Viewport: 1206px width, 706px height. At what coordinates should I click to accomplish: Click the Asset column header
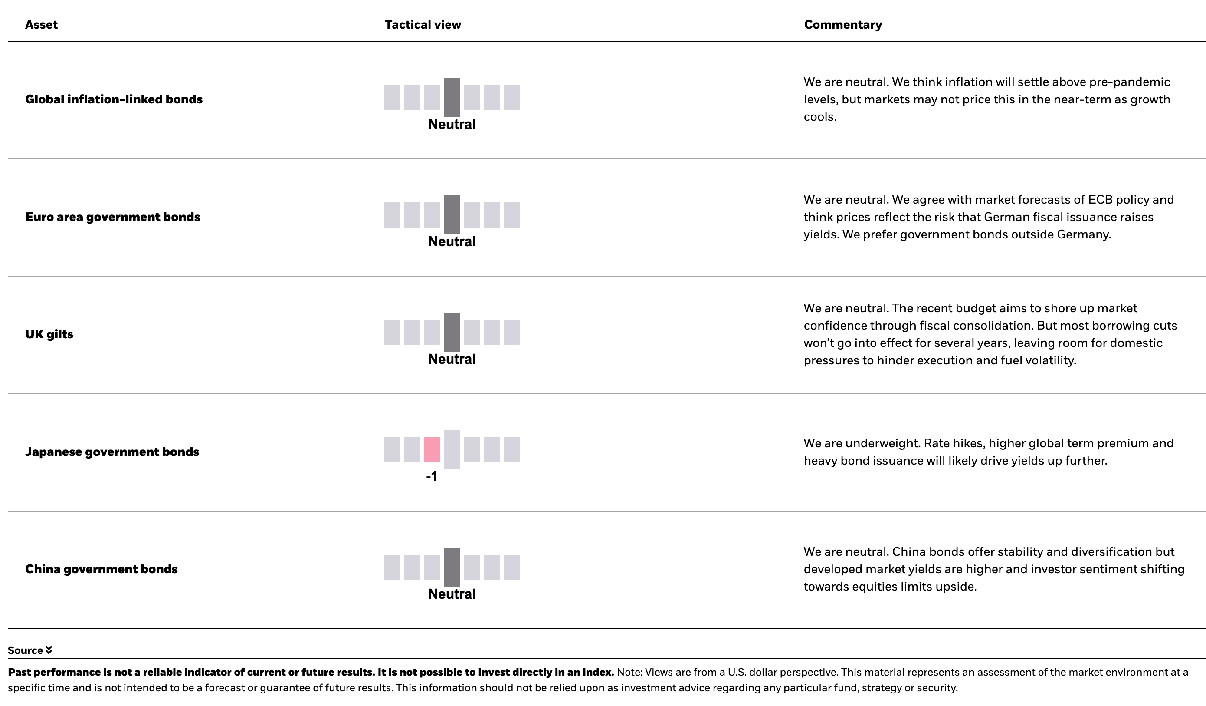41,25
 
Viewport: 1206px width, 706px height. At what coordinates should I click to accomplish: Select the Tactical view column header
423,25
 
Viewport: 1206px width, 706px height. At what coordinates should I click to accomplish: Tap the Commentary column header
843,25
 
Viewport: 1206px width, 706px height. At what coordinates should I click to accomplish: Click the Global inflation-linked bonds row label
114,99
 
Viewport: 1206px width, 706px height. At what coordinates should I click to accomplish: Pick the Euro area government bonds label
112,217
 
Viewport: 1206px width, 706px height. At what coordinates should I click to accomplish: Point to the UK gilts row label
49,334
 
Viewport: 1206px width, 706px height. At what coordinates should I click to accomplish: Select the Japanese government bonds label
112,452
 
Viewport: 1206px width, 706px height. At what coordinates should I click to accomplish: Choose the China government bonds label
102,569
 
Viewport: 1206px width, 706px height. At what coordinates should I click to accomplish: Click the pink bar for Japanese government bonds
432,450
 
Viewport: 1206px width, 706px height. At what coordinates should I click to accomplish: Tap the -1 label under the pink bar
432,477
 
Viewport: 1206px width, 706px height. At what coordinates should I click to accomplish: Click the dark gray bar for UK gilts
452,333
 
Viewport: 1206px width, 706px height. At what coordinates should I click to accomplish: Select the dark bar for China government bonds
452,567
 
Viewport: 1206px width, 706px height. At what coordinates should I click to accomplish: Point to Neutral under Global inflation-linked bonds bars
452,125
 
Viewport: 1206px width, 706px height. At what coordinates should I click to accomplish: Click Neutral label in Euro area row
452,242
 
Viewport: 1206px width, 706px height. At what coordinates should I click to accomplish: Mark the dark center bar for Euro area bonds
452,214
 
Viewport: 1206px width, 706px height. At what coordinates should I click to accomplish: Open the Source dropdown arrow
49,650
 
